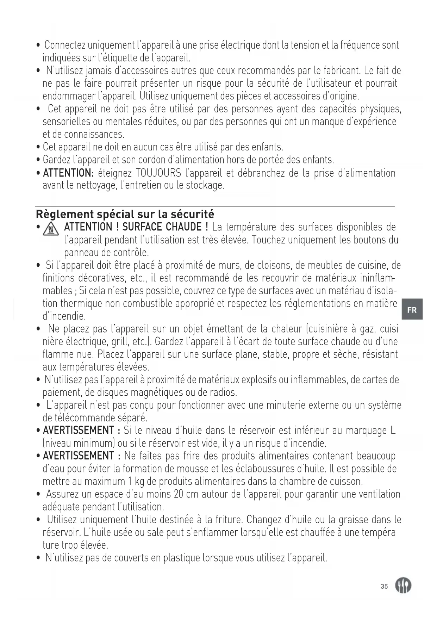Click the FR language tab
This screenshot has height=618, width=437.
point(412,310)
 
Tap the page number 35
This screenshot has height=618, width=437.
point(384,586)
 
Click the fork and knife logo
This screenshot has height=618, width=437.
point(403,586)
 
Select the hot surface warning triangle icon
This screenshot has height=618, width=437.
point(52,230)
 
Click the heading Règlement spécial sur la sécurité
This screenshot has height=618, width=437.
point(125,214)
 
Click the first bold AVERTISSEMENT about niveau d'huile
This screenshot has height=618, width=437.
point(78,430)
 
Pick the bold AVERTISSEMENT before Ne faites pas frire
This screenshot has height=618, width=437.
point(78,456)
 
